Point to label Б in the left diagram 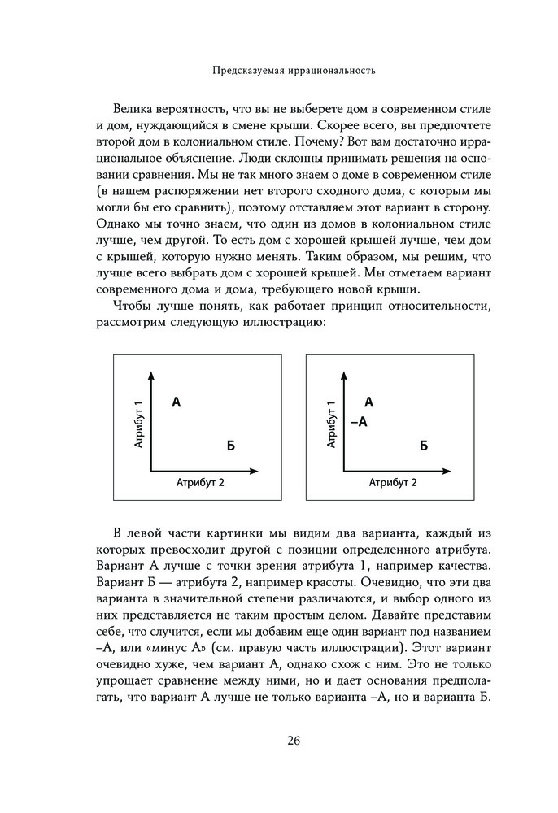click(x=230, y=445)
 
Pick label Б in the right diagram click(x=423, y=445)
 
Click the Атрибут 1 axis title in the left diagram click(x=140, y=425)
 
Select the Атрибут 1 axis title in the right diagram click(x=332, y=425)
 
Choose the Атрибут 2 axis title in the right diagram click(x=393, y=482)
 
